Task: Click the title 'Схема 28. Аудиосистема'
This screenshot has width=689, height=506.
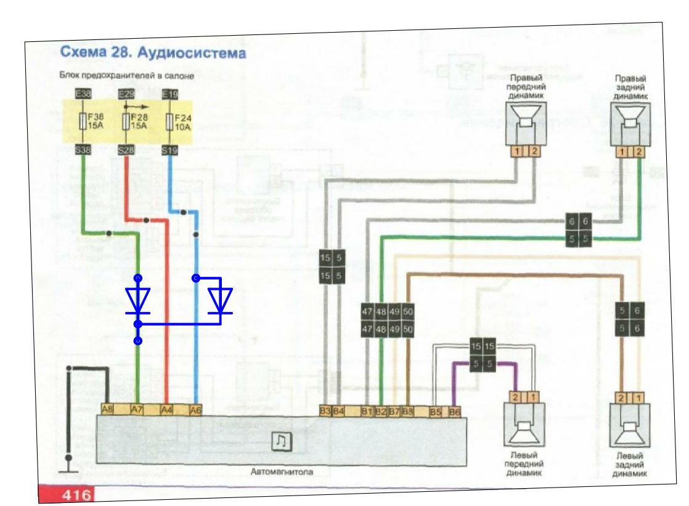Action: [x=153, y=54]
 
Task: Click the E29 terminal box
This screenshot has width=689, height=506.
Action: [x=126, y=94]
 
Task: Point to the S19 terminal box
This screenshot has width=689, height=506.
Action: [x=169, y=150]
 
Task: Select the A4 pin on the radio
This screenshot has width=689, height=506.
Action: [x=166, y=408]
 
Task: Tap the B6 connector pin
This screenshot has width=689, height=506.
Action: [x=455, y=412]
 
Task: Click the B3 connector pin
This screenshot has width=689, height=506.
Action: [x=325, y=410]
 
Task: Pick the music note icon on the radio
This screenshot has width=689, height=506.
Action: [x=280, y=441]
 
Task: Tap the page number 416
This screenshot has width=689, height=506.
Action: [x=76, y=494]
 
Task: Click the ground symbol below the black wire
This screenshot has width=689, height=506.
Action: [x=68, y=472]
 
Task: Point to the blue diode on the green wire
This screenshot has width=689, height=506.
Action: [x=138, y=300]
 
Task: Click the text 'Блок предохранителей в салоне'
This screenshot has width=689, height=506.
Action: [x=126, y=76]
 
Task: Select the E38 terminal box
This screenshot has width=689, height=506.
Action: [x=83, y=95]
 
